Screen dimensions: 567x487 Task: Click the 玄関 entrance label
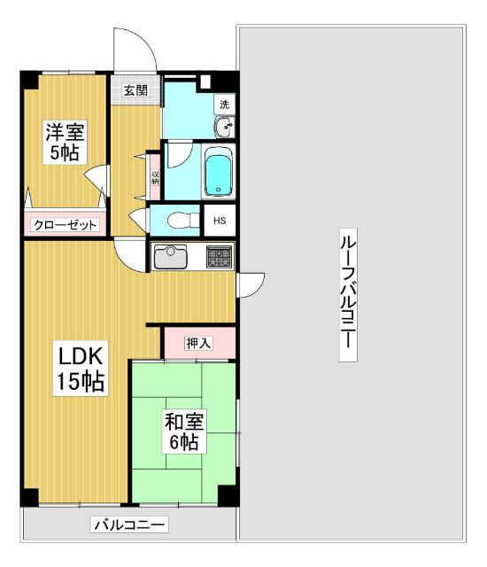point(135,89)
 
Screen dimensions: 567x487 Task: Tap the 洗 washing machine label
point(225,105)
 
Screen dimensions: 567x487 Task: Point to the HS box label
point(219,221)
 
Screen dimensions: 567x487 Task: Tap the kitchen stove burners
point(220,257)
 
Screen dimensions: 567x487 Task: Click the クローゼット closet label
point(65,225)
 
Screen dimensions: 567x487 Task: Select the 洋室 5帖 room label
point(65,142)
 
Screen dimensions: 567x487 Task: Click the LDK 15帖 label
point(81,369)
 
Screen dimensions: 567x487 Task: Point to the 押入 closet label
point(198,343)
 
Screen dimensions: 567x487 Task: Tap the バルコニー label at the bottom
point(129,526)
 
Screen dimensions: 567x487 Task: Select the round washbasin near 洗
point(224,128)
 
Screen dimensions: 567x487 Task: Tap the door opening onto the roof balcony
point(251,284)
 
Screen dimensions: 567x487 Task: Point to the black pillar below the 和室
point(228,496)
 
